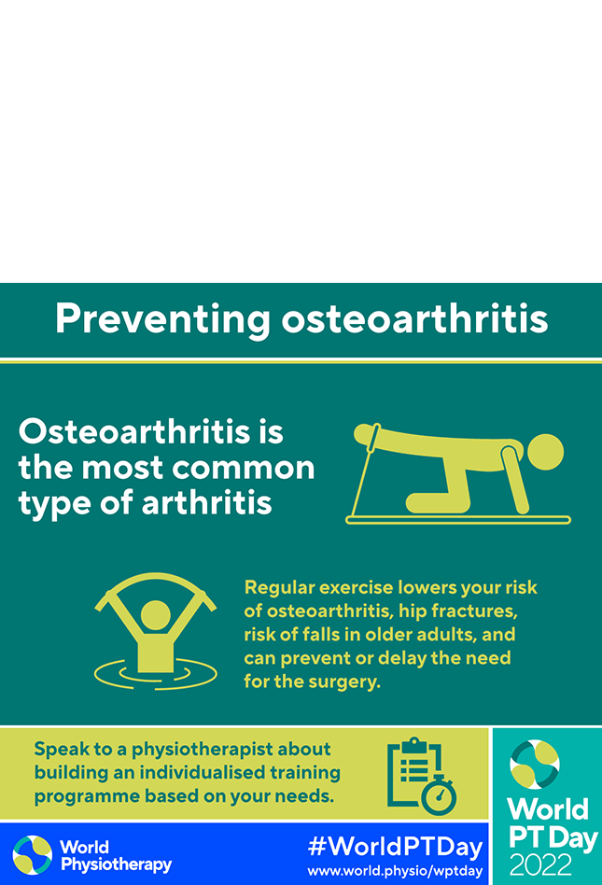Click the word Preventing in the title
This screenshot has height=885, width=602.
click(x=162, y=320)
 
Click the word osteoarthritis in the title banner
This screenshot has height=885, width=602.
click(x=414, y=318)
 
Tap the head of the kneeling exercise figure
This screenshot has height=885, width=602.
click(x=544, y=452)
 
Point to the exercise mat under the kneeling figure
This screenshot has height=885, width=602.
click(x=458, y=520)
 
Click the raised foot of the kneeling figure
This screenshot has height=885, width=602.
click(x=363, y=433)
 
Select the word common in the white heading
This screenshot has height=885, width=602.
click(x=244, y=468)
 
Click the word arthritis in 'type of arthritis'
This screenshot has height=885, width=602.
click(x=207, y=502)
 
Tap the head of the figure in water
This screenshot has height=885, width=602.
click(x=155, y=615)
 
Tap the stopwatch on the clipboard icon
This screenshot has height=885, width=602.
click(x=439, y=794)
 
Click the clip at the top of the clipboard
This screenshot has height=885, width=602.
click(x=414, y=744)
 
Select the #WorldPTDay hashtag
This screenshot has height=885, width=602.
click(x=396, y=847)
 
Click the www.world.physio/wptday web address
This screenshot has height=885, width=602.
click(x=395, y=870)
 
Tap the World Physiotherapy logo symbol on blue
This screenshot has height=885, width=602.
click(x=32, y=855)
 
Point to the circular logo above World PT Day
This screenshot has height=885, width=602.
click(x=535, y=765)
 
